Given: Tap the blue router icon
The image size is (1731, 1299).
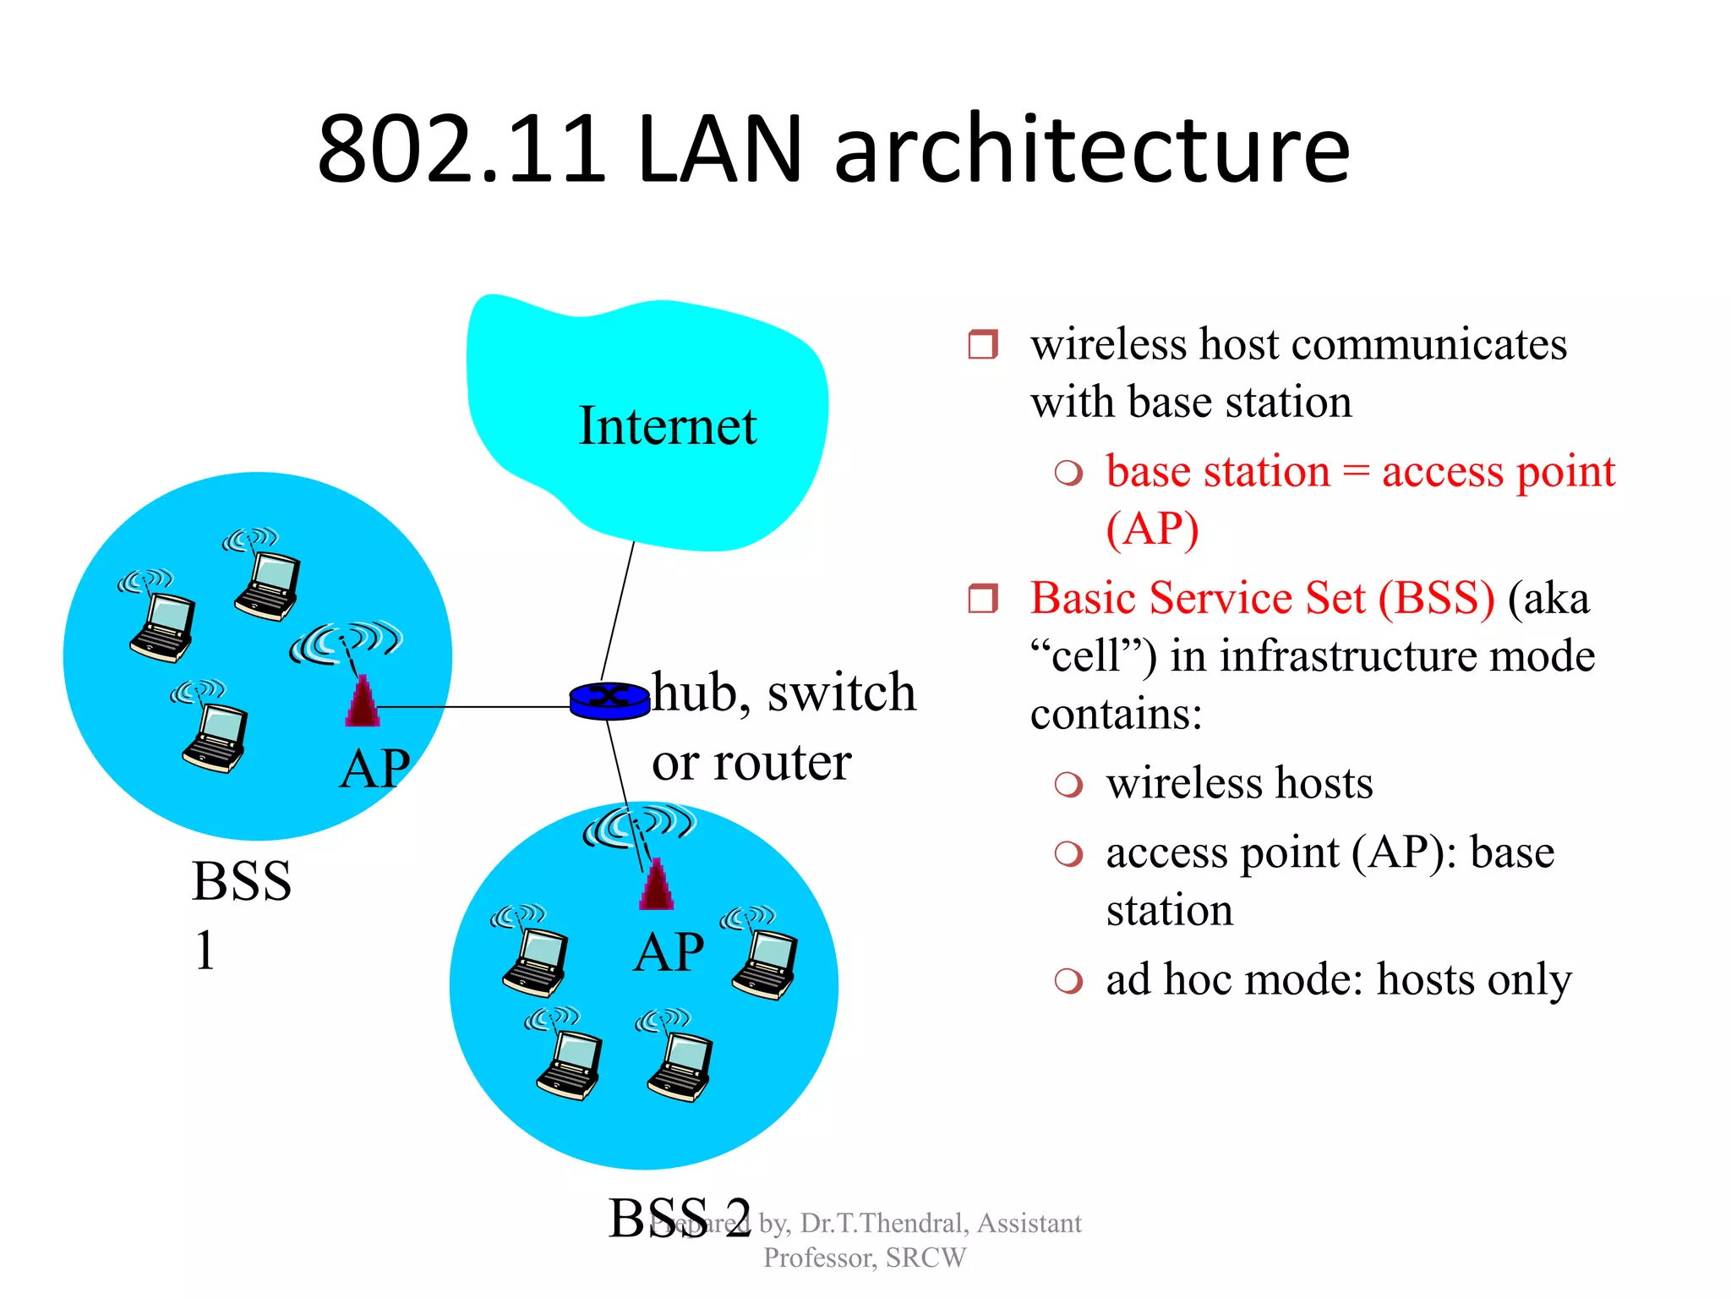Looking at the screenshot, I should point(609,700).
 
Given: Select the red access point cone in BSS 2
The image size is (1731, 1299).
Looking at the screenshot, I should point(657,886).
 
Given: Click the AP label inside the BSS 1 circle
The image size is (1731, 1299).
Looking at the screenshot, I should point(374,769).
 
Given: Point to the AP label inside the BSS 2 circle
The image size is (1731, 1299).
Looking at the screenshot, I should point(669,952).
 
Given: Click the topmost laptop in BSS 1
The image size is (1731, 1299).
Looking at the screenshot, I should point(268,584).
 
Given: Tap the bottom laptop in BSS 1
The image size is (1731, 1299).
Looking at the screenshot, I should point(216,737).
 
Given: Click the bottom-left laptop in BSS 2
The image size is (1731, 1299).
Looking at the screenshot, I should point(570,1064).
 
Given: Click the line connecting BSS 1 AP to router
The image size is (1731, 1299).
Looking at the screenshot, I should point(473,706).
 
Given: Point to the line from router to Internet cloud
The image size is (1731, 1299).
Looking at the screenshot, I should point(618,609).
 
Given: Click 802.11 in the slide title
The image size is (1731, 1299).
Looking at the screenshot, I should point(461,150).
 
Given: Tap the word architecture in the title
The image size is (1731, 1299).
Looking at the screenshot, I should point(1091,150).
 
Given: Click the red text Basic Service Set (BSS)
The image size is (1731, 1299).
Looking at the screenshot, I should point(1262,598).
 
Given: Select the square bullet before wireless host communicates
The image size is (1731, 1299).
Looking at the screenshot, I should point(983,344).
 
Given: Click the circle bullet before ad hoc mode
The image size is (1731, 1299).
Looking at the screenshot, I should point(1068,981).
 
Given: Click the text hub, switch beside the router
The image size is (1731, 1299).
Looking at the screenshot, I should point(784,693).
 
